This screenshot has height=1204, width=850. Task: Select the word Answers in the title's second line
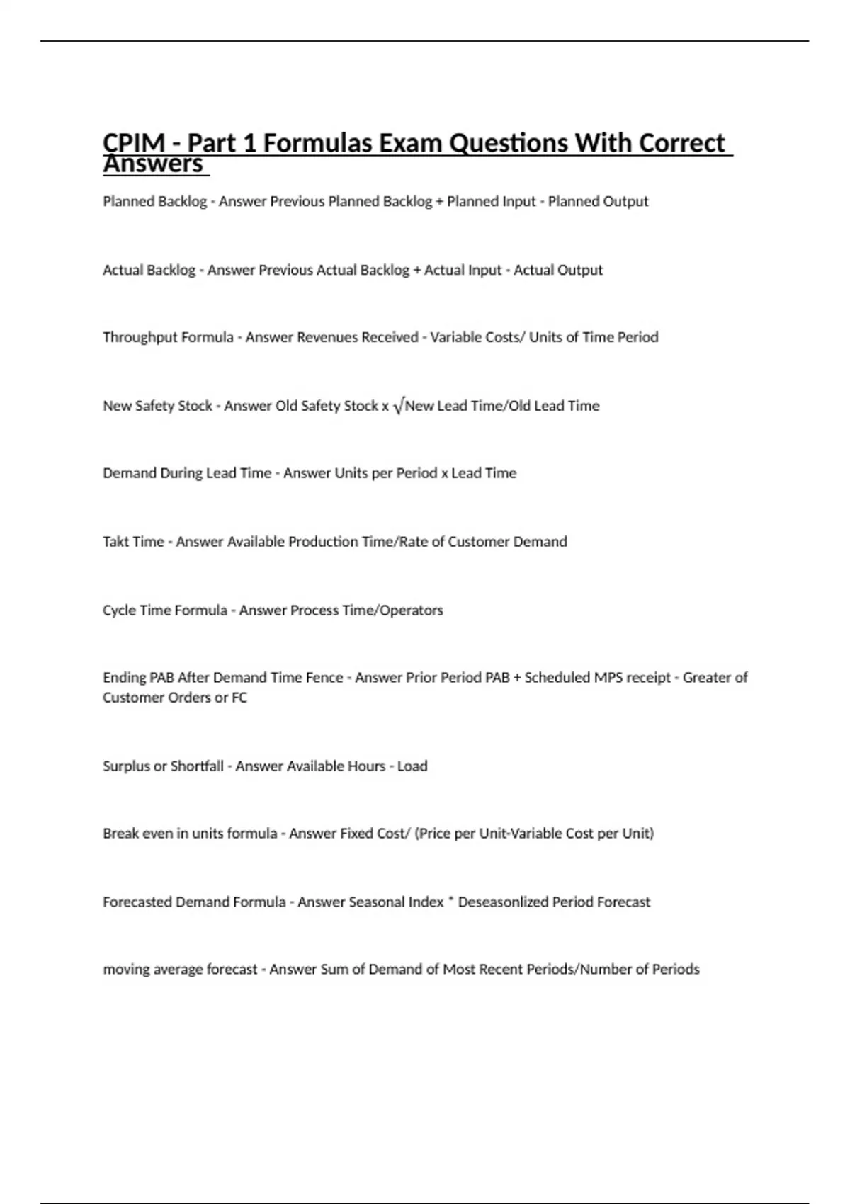coord(153,164)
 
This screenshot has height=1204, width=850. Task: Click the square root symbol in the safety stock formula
coord(398,407)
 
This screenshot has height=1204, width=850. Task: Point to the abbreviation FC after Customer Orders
coord(239,698)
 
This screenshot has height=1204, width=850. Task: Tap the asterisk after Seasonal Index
coord(451,901)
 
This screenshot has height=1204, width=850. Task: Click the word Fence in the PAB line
coord(324,678)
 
